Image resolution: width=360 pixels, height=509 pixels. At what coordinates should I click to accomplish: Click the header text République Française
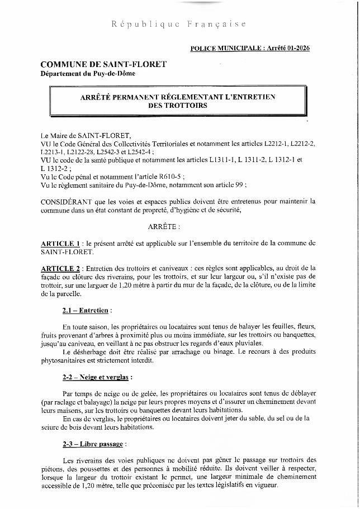[178, 25]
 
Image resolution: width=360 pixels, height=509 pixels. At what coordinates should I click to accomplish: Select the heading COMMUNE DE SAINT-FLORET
[103, 64]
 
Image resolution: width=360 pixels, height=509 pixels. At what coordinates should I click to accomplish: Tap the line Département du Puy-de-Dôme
[88, 73]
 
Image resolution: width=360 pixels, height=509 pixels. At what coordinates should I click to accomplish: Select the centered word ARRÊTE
[164, 227]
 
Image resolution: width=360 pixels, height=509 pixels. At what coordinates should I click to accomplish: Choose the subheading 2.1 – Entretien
[87, 310]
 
